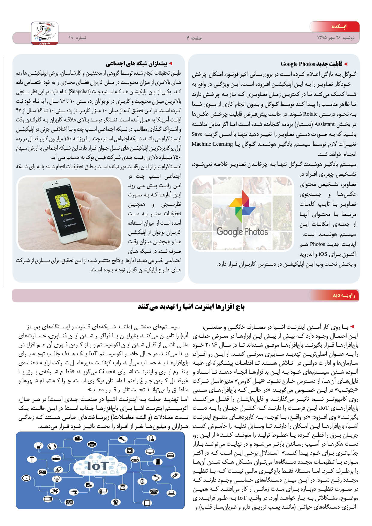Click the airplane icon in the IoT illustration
pyautogui.click(x=55, y=491)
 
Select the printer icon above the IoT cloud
pyautogui.click(x=92, y=444)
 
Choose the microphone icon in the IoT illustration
pyautogui.click(x=122, y=440)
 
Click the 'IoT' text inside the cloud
pyautogui.click(x=97, y=465)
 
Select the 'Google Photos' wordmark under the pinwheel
pyautogui.click(x=242, y=232)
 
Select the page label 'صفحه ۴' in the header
pyautogui.click(x=194, y=38)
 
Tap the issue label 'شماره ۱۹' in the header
pyautogui.click(x=77, y=38)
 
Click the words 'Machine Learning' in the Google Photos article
pyautogui.click(x=212, y=144)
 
